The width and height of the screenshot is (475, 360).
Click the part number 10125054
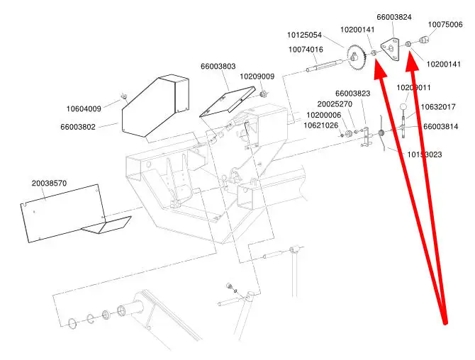(305, 35)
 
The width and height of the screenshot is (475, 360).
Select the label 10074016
(306, 50)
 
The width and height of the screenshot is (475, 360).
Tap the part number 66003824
(394, 17)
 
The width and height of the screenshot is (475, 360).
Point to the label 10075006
(445, 24)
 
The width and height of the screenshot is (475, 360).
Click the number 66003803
(218, 67)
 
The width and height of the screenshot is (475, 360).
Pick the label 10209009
(257, 76)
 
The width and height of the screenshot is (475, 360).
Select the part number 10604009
(84, 108)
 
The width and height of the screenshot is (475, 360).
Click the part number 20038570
(49, 183)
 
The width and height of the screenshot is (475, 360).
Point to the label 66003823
(353, 93)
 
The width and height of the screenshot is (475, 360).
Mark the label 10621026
(321, 125)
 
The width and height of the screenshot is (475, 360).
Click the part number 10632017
(439, 108)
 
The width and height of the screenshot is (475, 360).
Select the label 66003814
(441, 126)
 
